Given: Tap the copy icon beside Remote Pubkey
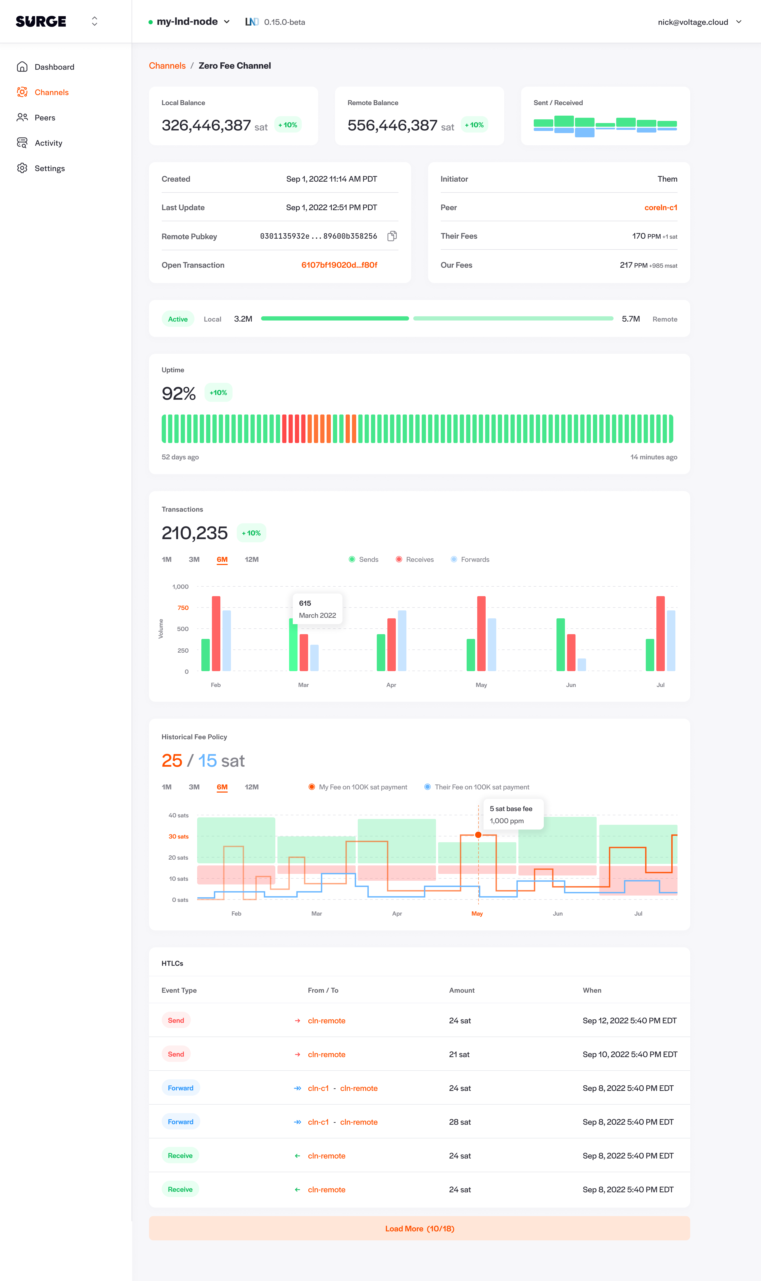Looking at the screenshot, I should pos(392,236).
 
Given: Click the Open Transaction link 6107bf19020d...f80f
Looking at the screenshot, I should pos(339,265).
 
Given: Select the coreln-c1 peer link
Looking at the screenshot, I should pos(661,208).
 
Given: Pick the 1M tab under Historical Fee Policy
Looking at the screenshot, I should pos(167,787).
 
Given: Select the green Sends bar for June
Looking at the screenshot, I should pos(560,645).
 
